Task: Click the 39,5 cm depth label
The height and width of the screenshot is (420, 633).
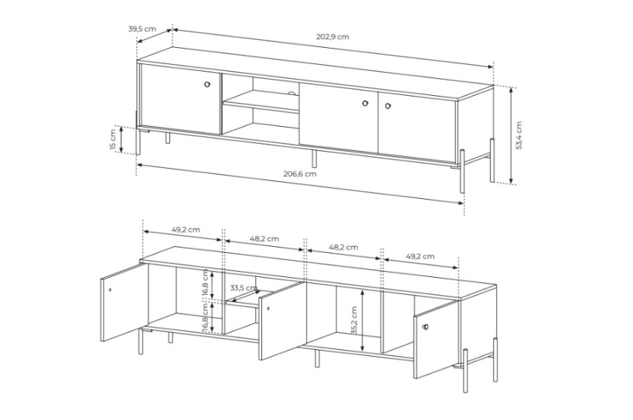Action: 142,29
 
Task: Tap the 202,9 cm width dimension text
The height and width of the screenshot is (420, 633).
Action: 333,37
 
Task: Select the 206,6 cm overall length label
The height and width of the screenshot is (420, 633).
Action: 300,174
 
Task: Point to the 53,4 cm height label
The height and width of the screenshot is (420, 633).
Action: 519,136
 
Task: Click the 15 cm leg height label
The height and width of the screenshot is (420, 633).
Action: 113,139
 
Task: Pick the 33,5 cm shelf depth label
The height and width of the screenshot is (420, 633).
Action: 244,288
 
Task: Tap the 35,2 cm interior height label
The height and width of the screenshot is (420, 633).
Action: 354,320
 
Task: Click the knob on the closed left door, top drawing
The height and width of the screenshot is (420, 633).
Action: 207,85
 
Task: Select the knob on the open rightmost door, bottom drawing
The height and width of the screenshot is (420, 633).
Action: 425,327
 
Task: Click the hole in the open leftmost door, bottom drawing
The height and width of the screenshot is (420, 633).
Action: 110,290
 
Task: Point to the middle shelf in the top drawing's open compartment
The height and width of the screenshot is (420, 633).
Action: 261,102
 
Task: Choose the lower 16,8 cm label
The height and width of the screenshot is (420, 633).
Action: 205,318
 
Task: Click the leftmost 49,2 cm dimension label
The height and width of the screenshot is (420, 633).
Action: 185,230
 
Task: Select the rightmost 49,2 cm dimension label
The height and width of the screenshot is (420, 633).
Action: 420,256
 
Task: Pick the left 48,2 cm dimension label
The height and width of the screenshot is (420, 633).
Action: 264,239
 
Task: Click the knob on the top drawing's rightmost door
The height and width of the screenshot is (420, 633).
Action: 388,106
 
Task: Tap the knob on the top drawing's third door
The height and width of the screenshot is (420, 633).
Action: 365,103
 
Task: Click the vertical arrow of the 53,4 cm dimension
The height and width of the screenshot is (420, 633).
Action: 511,135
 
